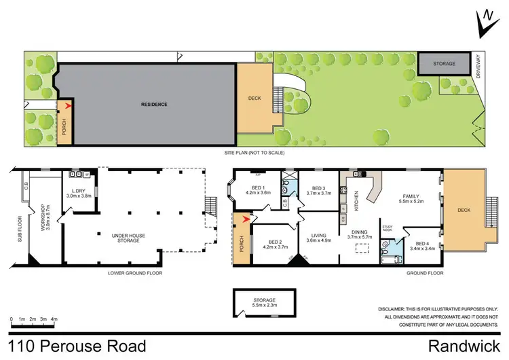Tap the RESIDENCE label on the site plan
click(154, 105)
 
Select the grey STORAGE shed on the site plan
click(444, 63)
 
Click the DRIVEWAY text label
click(479, 69)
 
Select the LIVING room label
click(319, 235)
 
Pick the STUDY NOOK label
click(388, 228)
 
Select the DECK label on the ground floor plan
click(464, 211)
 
